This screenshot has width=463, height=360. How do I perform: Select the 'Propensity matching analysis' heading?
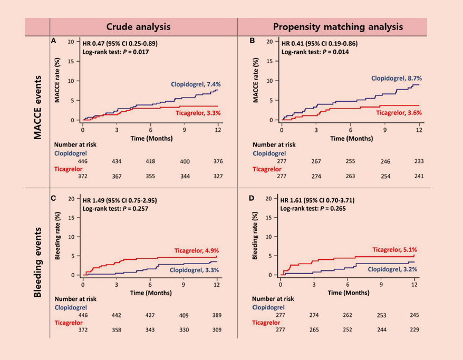[338, 26]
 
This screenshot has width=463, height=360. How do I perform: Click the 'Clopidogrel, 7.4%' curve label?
[195, 84]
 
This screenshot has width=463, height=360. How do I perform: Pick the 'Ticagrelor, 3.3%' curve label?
[198, 113]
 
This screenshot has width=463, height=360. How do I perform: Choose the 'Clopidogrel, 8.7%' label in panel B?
[397, 78]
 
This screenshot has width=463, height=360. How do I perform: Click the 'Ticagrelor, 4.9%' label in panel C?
[197, 250]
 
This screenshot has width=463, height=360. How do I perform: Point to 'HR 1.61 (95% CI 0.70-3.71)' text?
[320, 200]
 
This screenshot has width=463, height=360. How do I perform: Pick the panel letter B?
[252, 41]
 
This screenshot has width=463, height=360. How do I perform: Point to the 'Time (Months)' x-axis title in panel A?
[151, 138]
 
